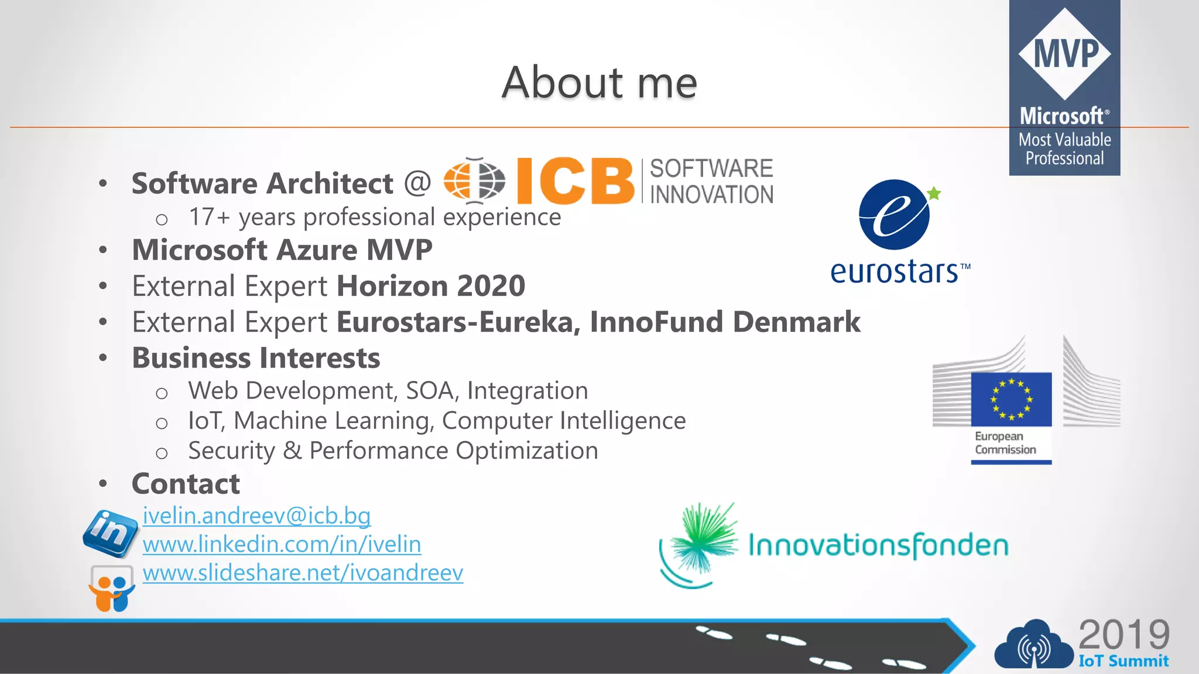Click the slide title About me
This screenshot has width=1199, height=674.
(599, 82)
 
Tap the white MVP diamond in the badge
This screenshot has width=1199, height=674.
(1064, 53)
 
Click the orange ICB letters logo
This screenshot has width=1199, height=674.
(575, 181)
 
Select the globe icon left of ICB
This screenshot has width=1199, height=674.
(474, 180)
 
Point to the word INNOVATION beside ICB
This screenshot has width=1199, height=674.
(711, 195)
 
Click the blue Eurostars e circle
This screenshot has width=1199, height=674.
(893, 215)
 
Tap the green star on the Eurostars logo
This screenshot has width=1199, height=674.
(934, 193)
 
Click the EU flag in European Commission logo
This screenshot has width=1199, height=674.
(1011, 399)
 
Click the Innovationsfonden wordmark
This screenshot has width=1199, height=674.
(878, 545)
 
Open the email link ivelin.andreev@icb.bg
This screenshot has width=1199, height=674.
(256, 515)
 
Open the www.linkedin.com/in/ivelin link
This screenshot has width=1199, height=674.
(282, 544)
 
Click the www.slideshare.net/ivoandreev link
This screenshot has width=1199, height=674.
(303, 572)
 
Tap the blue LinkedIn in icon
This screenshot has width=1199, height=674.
(110, 532)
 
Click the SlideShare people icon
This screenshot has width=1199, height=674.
(111, 589)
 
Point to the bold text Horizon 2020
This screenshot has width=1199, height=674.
(431, 286)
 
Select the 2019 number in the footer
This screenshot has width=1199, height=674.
(1123, 634)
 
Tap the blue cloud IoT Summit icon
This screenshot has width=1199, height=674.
(1033, 646)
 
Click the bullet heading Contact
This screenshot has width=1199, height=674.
(186, 484)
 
